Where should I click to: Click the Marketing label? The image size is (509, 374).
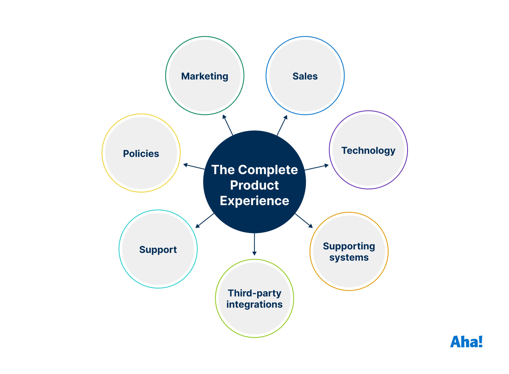[x=205, y=76]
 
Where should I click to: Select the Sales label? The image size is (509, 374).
[x=305, y=76]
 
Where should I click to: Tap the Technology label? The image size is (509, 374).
[x=368, y=151]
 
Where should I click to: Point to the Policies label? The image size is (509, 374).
[x=141, y=154]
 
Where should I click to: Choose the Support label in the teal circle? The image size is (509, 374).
[x=158, y=250]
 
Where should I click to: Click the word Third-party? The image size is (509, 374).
[x=254, y=293]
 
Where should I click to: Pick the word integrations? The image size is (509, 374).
[x=254, y=305]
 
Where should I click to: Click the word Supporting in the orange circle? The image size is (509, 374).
[x=349, y=246]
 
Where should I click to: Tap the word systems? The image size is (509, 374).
[x=349, y=258]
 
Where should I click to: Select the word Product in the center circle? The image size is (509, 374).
[x=254, y=185]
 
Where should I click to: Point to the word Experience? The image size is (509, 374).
[x=254, y=201]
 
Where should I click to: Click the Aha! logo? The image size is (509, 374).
[x=466, y=342]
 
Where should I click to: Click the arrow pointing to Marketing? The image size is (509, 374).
[x=228, y=125]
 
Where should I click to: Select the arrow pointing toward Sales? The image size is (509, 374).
[x=282, y=125]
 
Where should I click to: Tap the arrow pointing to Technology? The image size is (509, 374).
[x=317, y=167]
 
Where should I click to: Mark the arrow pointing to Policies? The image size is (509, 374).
[x=194, y=167]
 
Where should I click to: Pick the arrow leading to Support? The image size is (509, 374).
[x=205, y=221]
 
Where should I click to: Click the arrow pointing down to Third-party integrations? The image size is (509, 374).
[x=254, y=244]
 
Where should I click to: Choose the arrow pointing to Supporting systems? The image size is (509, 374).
[x=304, y=221]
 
